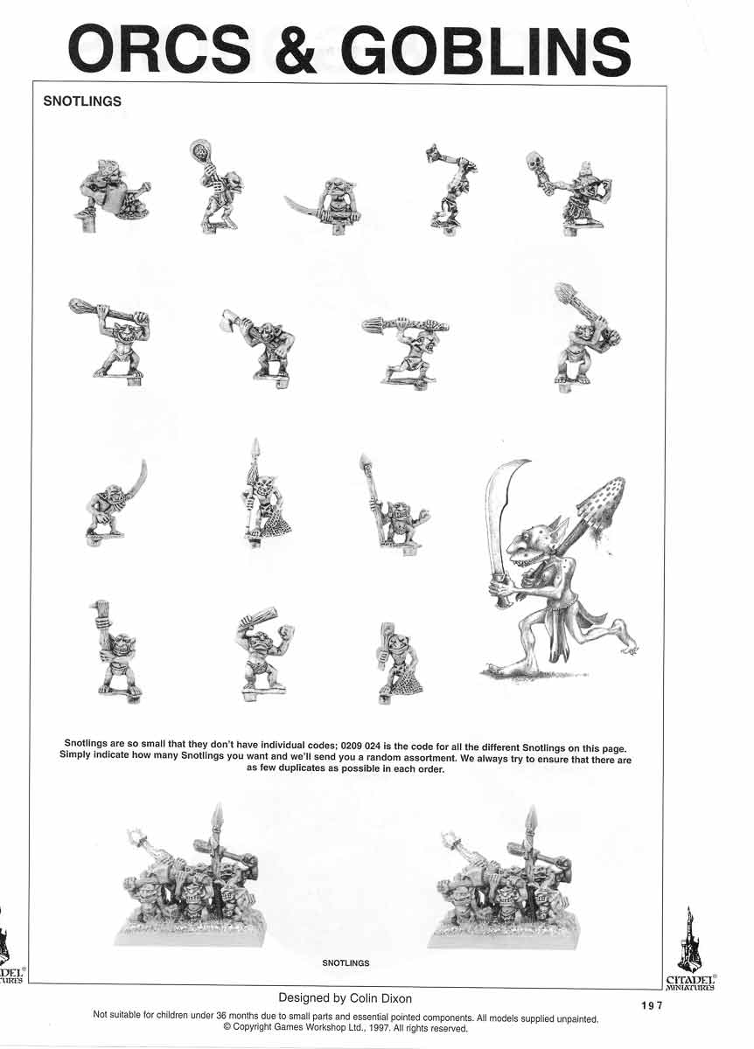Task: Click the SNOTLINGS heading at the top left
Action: click(82, 101)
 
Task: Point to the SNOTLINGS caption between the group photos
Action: click(346, 962)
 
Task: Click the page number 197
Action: click(652, 1005)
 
